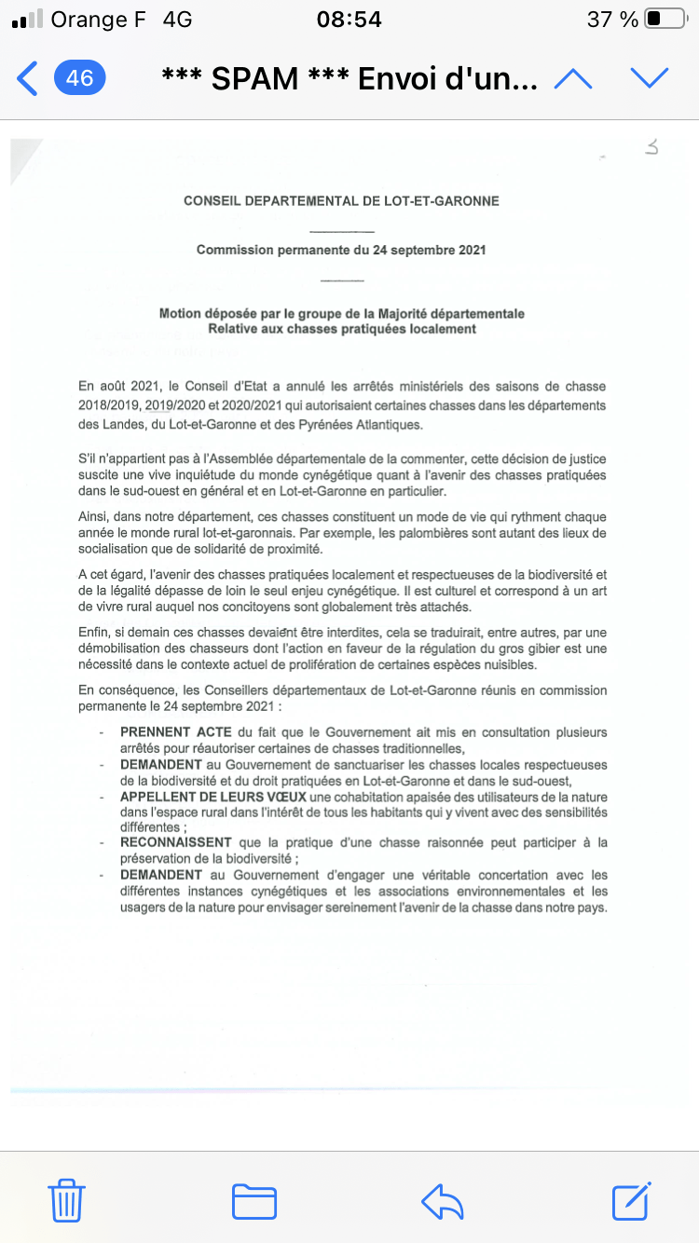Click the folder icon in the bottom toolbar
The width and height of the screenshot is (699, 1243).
254,1200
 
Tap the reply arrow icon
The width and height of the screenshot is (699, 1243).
442,1200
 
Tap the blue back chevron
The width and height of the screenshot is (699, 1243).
28,79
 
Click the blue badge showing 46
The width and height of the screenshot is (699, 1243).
80,78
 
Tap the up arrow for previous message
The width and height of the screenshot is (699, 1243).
573,79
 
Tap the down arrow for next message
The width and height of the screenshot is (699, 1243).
650,79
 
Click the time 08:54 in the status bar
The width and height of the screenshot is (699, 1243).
349,19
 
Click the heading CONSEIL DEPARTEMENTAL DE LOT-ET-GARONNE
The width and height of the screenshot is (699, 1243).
341,200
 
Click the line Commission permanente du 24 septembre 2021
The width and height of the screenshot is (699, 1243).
341,250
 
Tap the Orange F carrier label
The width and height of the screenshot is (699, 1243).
99,19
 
